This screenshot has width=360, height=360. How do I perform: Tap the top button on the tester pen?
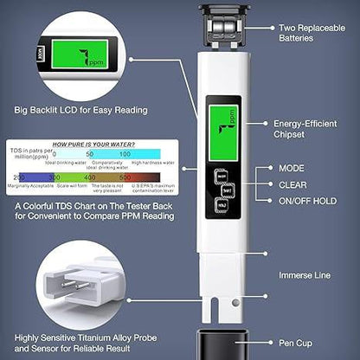[222, 177]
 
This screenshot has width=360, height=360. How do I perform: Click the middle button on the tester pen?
[222, 196]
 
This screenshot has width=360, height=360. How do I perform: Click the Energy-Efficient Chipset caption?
[309, 128]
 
